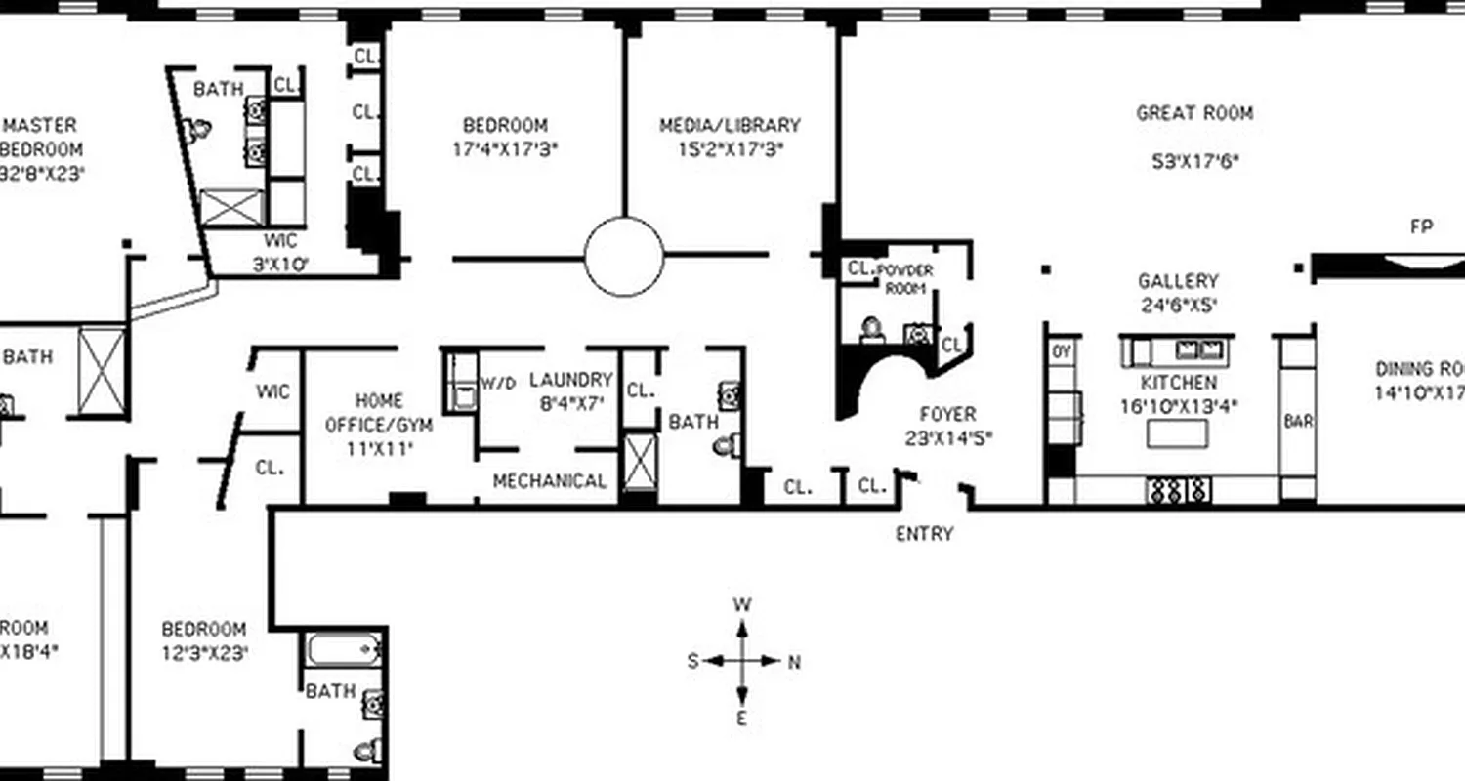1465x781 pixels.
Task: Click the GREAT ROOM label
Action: [1193, 113]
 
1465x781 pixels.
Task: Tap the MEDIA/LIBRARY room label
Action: [730, 126]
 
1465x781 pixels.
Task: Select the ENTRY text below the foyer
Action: [924, 534]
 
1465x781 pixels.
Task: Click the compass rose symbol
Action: [742, 661]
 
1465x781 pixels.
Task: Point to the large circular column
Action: [624, 257]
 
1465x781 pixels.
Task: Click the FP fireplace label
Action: [1421, 226]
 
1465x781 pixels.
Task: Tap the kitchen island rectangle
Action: [1177, 432]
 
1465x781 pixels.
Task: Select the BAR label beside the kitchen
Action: [1297, 422]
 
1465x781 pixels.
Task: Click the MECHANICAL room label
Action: [549, 481]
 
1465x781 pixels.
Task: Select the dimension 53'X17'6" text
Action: [1194, 162]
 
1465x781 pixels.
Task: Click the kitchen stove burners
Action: [1179, 488]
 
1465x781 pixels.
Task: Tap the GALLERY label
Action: [1178, 281]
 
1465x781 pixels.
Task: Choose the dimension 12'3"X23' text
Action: [204, 652]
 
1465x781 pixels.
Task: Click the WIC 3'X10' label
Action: [279, 252]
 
